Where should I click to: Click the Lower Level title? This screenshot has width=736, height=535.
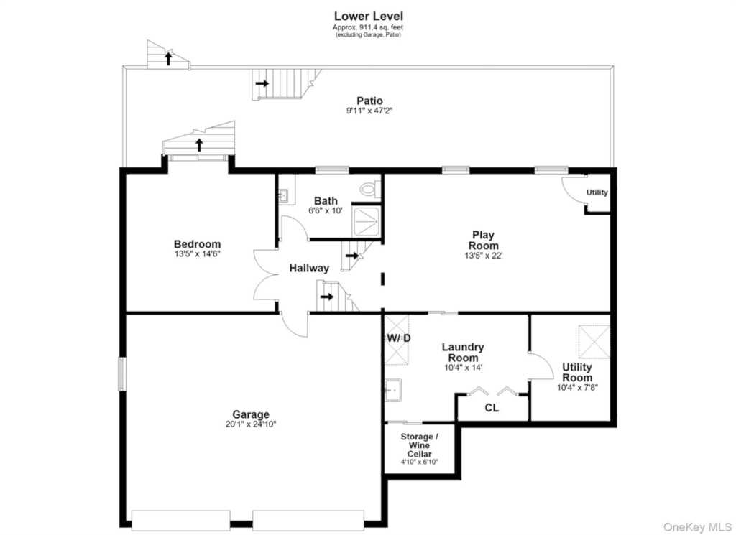[x=368, y=17]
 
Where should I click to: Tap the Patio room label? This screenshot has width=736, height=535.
[x=370, y=101]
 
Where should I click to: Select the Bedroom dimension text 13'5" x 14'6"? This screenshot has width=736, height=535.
[x=197, y=254]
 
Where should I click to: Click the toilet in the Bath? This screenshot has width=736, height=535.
[x=369, y=189]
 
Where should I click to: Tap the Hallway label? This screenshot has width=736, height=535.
[x=309, y=268]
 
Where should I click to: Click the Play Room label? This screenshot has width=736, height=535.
[x=484, y=240]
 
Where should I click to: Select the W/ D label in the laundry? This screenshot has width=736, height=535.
[x=399, y=338]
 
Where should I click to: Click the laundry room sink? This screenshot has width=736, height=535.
[x=393, y=390]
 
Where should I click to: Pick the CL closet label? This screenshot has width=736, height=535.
[x=492, y=408]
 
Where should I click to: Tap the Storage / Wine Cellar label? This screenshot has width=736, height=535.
[x=419, y=445]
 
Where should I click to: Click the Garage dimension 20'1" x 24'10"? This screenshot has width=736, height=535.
[x=251, y=424]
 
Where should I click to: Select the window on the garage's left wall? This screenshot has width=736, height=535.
[x=121, y=373]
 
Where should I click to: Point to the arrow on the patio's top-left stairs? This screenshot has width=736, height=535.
[x=168, y=58]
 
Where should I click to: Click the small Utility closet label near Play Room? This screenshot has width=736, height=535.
[x=597, y=192]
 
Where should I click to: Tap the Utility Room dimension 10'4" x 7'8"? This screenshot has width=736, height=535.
[x=577, y=388]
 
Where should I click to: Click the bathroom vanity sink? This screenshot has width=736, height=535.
[x=283, y=195]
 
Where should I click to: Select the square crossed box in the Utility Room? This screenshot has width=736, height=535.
[x=594, y=343]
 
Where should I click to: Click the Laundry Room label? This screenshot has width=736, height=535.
[x=463, y=352]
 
